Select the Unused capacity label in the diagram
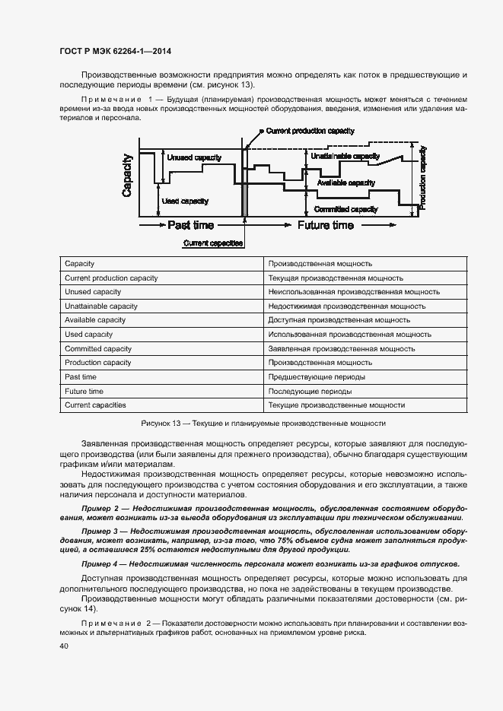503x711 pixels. [194, 157]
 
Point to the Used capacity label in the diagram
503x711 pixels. [186, 201]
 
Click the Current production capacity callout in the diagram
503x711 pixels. [310, 131]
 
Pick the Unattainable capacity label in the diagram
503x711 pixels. [345, 156]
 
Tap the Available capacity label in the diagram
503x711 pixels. [345, 183]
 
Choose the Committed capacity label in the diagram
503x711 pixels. [346, 209]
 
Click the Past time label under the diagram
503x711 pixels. [190, 225]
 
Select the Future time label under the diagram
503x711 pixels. [325, 225]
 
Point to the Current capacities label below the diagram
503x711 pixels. [213, 243]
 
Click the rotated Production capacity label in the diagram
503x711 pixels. [423, 178]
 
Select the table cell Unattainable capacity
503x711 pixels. [101, 306]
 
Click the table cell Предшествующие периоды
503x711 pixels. [317, 376]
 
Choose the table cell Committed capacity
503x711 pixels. [99, 348]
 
